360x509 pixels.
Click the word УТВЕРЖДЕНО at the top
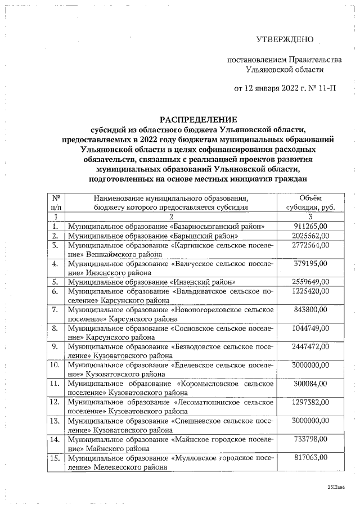(284, 39)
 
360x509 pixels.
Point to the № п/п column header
(56, 202)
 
